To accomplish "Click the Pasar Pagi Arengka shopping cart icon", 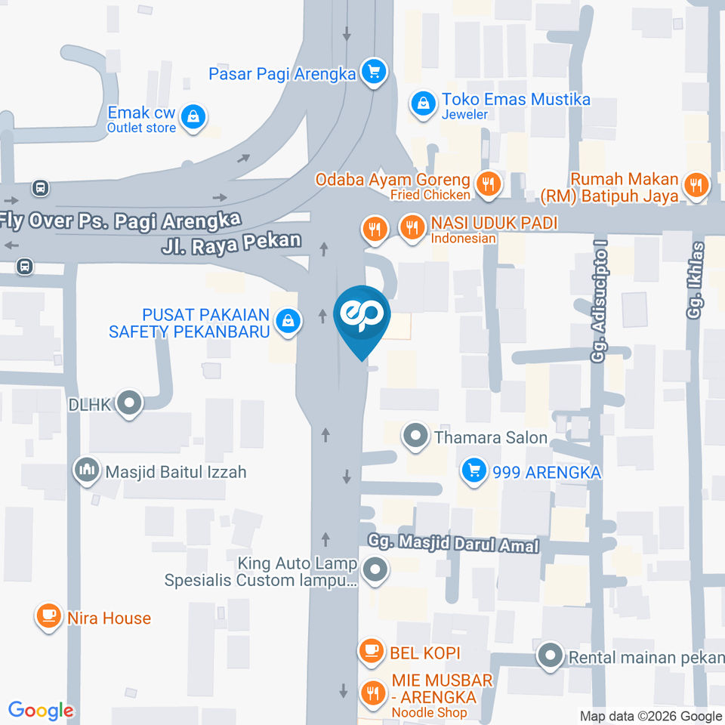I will tap(373, 72).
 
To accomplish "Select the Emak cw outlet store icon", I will tap(194, 117).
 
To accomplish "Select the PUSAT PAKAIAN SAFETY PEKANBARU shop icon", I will tap(288, 322).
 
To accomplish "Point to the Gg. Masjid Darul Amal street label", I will tap(453, 544).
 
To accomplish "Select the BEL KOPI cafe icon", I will tap(371, 651).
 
